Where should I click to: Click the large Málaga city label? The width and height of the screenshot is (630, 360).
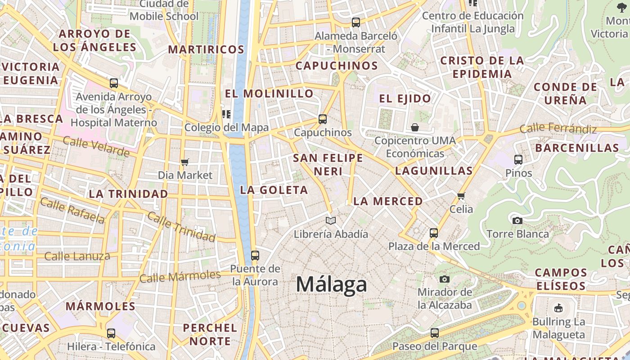331,284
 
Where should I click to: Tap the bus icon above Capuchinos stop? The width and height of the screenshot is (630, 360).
323,119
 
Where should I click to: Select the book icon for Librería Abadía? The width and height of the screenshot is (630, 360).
331,220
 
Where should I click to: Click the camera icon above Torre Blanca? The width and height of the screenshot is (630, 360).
517,220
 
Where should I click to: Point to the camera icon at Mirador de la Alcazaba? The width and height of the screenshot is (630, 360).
445,279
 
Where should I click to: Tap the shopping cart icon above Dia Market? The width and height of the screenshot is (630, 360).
184,162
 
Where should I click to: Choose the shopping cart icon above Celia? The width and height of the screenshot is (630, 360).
461,196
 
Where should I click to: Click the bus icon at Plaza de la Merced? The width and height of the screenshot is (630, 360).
434,233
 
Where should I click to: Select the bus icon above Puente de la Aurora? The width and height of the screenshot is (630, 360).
255,256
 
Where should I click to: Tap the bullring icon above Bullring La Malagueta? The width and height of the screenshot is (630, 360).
558,308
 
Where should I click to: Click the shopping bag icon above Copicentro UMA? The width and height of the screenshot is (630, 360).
415,127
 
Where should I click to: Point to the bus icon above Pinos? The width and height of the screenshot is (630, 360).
518,160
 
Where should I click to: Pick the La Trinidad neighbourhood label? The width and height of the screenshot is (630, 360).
128,194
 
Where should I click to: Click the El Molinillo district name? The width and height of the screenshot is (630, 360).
269,94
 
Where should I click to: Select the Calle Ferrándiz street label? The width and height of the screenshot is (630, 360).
558,129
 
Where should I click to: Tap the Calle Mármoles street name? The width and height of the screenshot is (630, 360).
180,276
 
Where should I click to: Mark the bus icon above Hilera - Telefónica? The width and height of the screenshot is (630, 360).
111,333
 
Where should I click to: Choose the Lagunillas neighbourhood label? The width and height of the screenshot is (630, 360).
434,171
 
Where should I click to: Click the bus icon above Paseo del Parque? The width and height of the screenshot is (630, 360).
435,333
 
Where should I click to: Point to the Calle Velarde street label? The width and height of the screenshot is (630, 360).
96,147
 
